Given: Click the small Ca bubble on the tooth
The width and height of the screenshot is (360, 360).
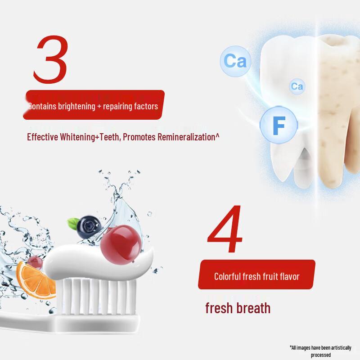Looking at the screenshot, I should (297, 86).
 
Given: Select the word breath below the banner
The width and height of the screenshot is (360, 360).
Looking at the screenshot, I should (254, 308).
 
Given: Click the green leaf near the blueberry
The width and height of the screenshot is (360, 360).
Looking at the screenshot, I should (73, 222).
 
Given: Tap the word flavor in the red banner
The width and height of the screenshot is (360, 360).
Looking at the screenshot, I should (288, 276).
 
